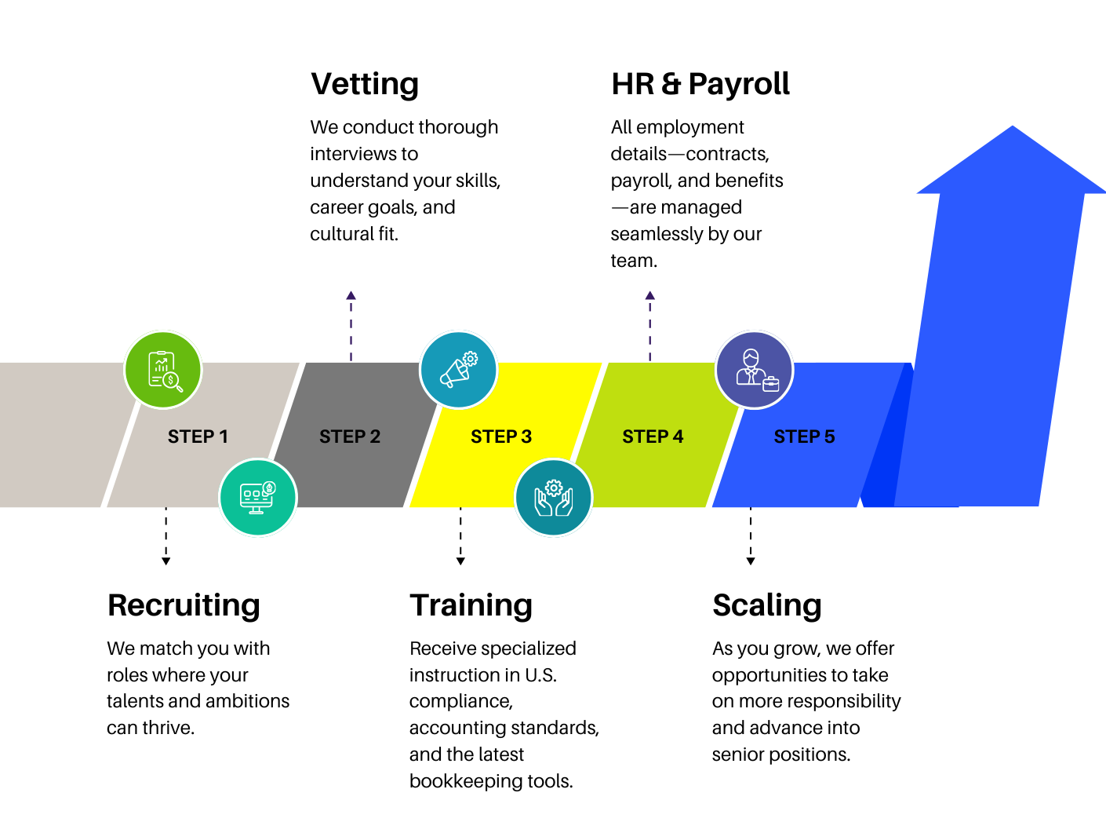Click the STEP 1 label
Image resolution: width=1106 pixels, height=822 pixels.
(198, 437)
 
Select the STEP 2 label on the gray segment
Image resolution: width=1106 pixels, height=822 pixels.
(350, 437)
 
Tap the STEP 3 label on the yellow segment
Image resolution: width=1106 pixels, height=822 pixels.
(501, 437)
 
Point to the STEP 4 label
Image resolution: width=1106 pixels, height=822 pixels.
(653, 437)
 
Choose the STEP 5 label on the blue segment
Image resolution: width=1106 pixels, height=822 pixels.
(804, 437)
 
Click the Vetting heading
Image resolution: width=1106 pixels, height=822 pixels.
(365, 84)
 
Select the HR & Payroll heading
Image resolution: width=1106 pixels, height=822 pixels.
(700, 84)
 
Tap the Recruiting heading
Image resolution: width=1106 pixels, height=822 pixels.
(184, 605)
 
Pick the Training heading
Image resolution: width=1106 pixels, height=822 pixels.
(471, 605)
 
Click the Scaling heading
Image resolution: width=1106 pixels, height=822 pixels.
(767, 605)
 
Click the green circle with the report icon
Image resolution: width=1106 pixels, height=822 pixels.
(163, 370)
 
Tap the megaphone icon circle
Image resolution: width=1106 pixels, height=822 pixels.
(459, 370)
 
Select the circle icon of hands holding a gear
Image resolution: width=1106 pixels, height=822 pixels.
(554, 498)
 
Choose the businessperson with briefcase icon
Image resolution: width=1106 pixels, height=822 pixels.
(755, 370)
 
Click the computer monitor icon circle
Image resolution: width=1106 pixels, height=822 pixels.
(258, 498)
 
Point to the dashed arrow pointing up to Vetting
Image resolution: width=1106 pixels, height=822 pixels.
(351, 326)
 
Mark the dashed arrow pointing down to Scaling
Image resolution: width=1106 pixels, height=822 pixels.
(751, 536)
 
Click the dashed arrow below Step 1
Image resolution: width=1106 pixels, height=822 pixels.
(166, 536)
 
